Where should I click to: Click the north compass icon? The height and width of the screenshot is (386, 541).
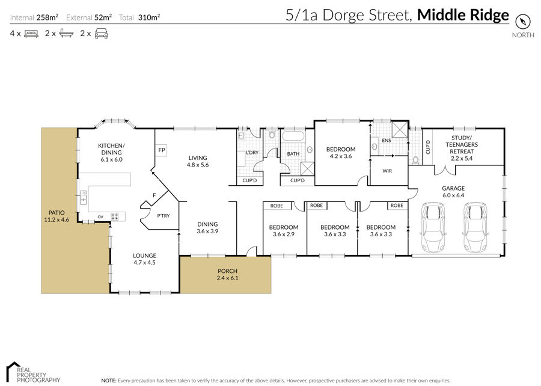point(523,22)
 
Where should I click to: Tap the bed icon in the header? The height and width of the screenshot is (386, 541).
point(31,34)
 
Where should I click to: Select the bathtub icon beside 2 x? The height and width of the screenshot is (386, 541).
point(66,34)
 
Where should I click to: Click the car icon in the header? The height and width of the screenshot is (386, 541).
point(101,34)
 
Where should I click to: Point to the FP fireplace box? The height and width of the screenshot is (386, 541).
point(162,150)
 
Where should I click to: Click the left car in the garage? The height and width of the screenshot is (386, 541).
point(433,227)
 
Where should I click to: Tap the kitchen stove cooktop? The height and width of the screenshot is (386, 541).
point(115,216)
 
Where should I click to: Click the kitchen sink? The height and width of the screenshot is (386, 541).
point(84,197)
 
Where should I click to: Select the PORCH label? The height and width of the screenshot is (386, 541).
point(227,271)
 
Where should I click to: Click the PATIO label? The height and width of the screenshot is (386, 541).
point(57,213)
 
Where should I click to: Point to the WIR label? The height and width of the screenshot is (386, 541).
point(387,171)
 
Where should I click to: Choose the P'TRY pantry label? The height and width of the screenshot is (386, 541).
point(164,216)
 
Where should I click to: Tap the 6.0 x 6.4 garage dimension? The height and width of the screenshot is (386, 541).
point(453,195)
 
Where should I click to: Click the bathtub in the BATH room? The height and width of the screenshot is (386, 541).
point(293,135)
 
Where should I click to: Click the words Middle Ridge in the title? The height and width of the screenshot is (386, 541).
point(463,15)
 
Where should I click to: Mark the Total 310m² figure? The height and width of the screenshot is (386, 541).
point(139,17)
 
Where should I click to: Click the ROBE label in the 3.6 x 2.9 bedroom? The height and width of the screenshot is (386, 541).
point(277,206)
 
